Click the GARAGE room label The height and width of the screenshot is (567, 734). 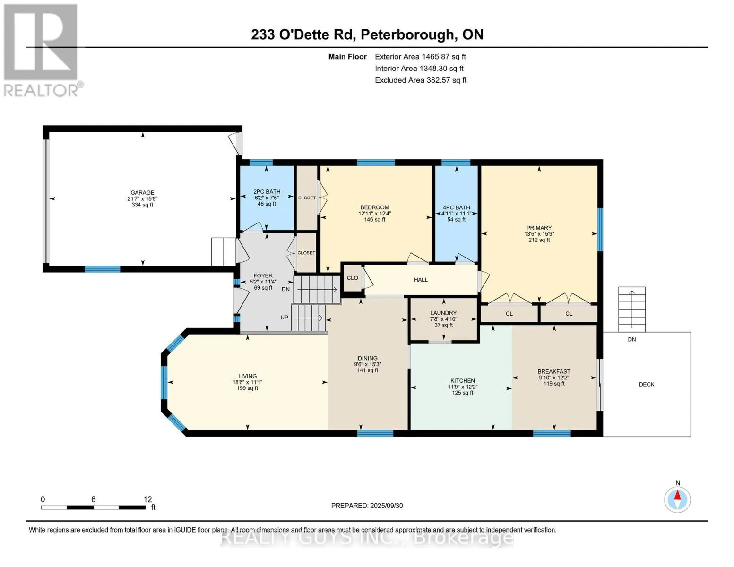click(x=142, y=192)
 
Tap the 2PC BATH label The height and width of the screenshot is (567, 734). click(x=267, y=191)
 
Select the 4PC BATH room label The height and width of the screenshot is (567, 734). click(x=457, y=207)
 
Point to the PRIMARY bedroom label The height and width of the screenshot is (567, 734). click(x=539, y=228)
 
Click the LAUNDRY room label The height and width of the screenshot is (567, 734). click(x=443, y=313)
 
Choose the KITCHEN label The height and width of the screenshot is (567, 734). click(x=462, y=380)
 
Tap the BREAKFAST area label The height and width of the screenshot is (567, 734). click(x=554, y=371)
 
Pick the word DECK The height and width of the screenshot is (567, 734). click(x=647, y=384)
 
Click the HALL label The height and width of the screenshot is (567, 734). click(x=421, y=280)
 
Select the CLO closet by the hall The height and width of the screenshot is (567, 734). click(x=352, y=278)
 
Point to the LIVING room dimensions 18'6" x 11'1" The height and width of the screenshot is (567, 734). click(x=247, y=382)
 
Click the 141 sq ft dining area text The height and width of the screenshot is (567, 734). click(x=368, y=370)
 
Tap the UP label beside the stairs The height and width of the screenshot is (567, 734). click(x=284, y=318)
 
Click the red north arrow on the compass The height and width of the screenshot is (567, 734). click(x=677, y=495)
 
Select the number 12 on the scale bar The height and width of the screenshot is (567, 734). click(x=147, y=499)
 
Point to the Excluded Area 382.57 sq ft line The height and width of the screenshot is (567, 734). click(x=421, y=80)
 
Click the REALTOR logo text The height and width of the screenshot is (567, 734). click(x=41, y=91)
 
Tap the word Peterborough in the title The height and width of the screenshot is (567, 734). click(x=407, y=35)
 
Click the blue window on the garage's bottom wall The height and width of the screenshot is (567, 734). click(x=103, y=269)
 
